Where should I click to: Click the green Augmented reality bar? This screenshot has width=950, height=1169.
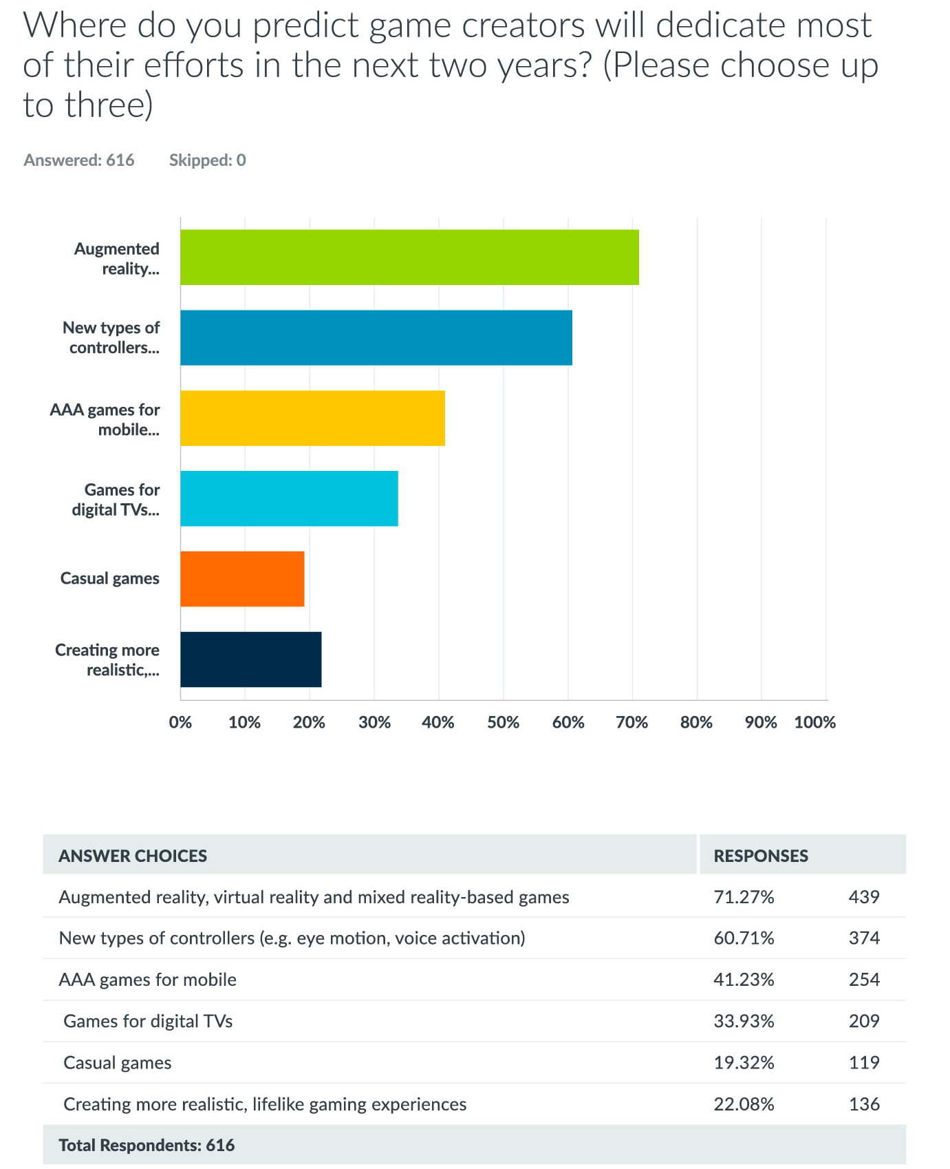tap(409, 257)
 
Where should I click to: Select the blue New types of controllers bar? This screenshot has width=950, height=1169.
tap(376, 337)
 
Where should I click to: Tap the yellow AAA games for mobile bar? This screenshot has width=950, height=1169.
tap(312, 418)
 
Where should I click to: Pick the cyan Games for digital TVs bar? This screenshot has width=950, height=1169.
tap(289, 498)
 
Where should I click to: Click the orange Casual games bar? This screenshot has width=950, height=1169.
tap(242, 579)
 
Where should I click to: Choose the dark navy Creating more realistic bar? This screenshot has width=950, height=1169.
tap(251, 660)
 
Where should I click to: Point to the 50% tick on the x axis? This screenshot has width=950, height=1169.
tap(504, 722)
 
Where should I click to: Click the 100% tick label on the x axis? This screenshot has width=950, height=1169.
tap(815, 722)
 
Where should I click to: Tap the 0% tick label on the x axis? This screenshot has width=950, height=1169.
tap(180, 722)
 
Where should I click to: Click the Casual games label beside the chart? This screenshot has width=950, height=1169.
tap(110, 578)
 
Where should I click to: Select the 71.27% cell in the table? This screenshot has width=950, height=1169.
tap(744, 896)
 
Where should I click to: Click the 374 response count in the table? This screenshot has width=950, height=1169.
tap(864, 938)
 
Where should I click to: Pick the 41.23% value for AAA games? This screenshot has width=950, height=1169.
tap(744, 979)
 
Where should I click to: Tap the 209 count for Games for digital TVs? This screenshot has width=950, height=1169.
tap(864, 1020)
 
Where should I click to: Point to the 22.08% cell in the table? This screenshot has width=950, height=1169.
tap(744, 1104)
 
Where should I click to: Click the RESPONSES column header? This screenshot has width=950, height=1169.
tap(761, 856)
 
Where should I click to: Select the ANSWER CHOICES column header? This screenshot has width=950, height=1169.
tap(133, 856)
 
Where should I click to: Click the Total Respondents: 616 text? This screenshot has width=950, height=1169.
tap(147, 1145)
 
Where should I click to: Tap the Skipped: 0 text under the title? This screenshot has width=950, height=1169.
tap(208, 160)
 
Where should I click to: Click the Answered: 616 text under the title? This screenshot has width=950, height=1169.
tap(79, 160)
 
